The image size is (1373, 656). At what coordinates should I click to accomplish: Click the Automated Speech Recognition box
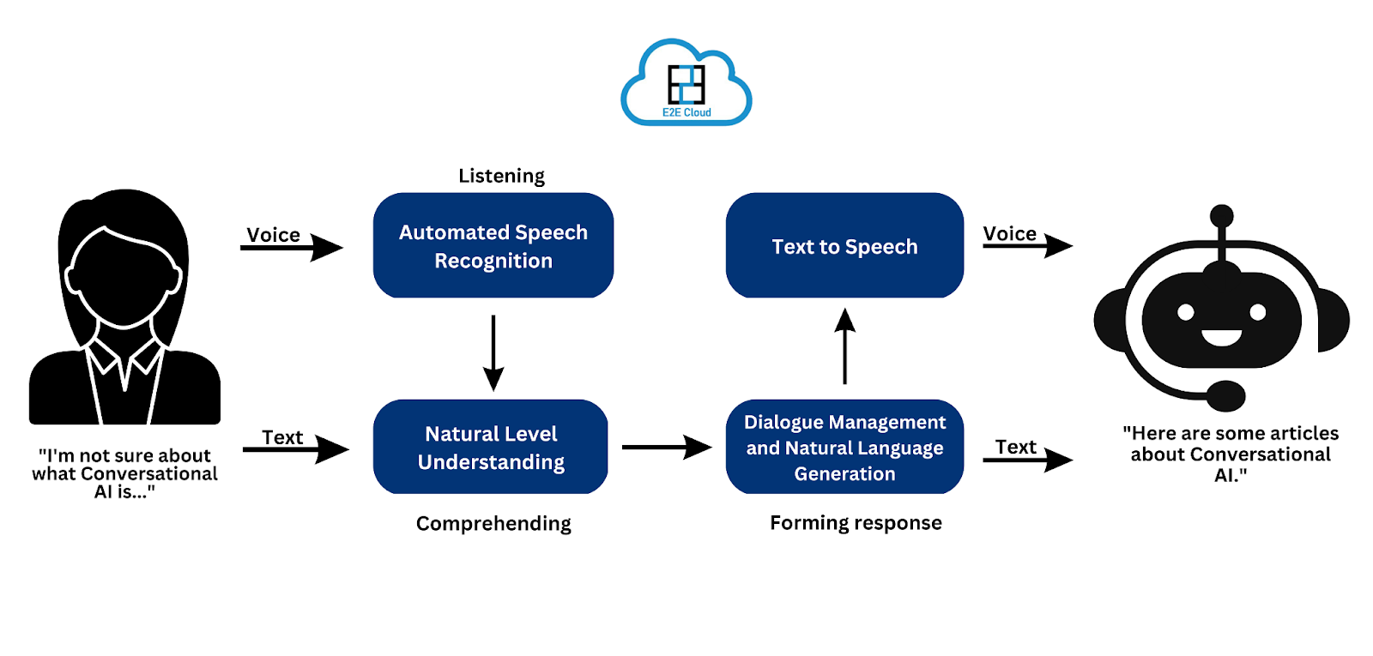click(493, 245)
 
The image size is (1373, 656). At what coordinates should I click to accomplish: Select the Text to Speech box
click(844, 245)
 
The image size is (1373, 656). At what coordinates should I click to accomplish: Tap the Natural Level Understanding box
click(491, 447)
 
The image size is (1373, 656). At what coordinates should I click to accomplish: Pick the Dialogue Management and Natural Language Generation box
click(844, 447)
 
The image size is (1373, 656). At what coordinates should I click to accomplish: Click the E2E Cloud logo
click(686, 84)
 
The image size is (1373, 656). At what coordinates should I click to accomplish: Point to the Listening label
click(501, 176)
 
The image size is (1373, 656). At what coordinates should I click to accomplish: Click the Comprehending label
click(493, 523)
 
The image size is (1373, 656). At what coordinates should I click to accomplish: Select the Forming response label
click(856, 523)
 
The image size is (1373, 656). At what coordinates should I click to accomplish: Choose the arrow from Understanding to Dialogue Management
click(666, 447)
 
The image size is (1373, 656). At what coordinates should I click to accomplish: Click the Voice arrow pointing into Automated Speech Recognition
click(292, 248)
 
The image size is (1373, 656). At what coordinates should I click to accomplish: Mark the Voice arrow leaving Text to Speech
click(1027, 246)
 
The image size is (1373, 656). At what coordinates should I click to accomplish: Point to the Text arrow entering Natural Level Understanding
click(296, 448)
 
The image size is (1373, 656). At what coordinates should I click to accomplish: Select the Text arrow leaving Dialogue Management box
click(1027, 460)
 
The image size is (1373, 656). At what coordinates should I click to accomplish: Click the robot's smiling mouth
click(1221, 338)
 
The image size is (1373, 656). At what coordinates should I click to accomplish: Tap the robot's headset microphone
click(1226, 396)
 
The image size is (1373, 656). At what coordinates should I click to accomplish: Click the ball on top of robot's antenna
click(1221, 215)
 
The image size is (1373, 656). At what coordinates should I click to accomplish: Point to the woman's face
click(124, 279)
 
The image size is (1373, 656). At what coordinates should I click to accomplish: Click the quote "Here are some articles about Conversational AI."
click(1231, 454)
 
